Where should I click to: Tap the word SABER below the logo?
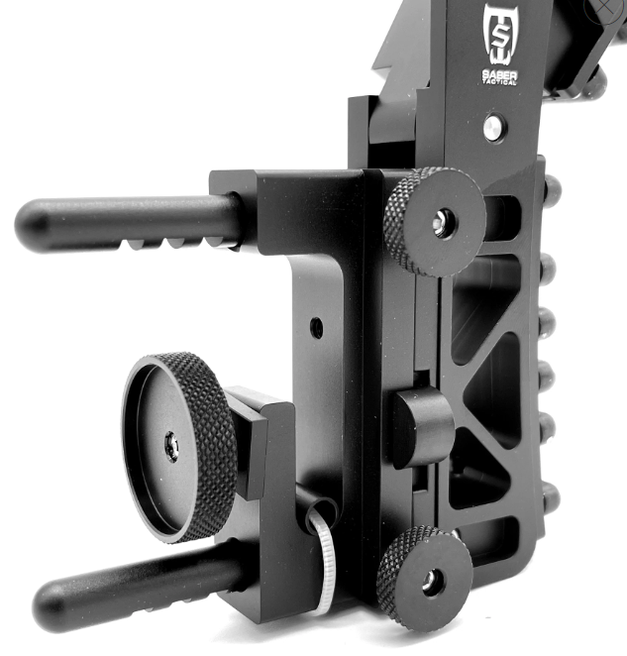tap(499, 75)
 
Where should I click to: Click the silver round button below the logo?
tap(495, 128)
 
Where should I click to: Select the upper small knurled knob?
tap(435, 222)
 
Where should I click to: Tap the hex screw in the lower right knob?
tap(430, 581)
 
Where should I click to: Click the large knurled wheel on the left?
tap(179, 449)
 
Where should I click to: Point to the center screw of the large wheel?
tap(172, 447)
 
